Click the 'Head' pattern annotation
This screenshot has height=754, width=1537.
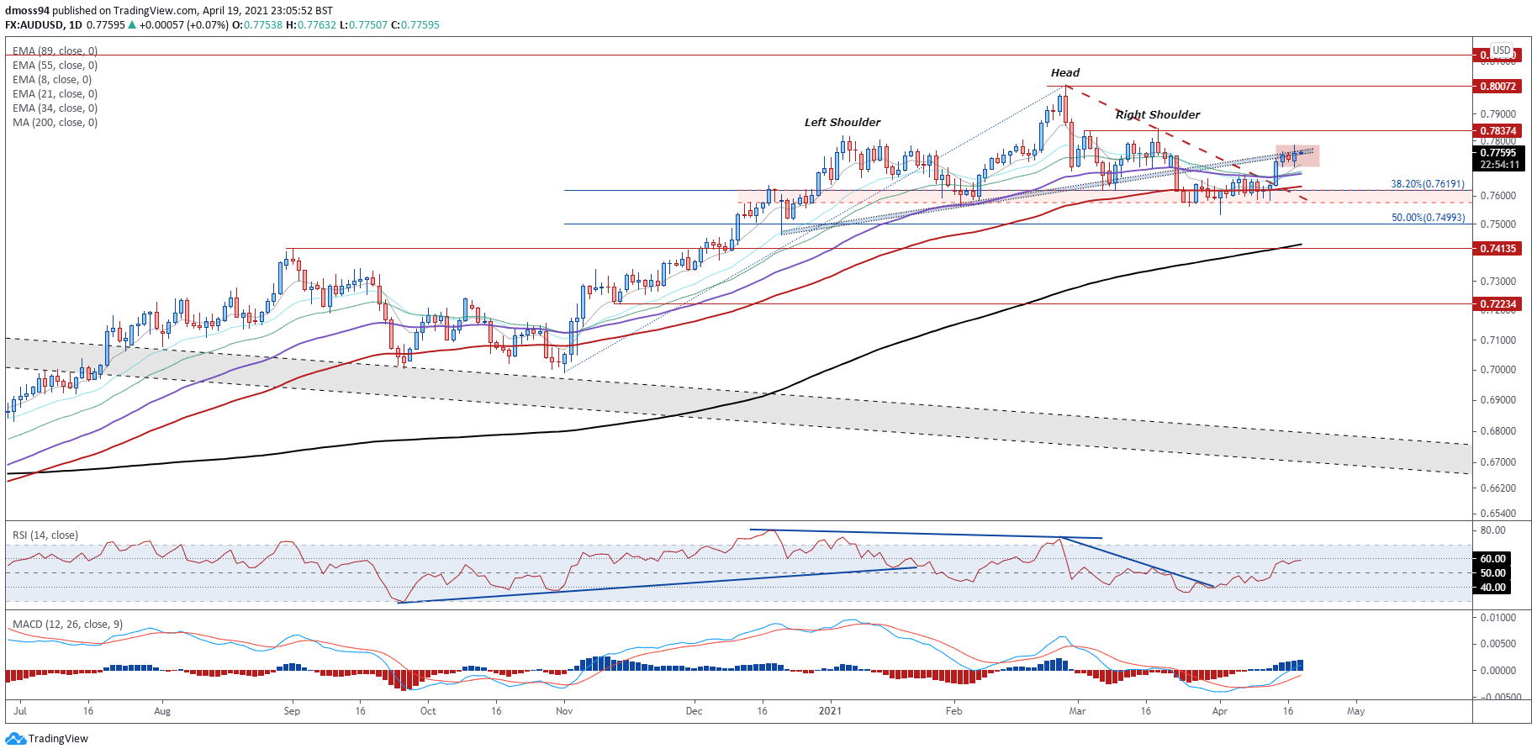pyautogui.click(x=1064, y=73)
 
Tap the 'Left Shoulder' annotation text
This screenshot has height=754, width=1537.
pyautogui.click(x=842, y=123)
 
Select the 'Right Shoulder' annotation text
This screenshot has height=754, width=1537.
pyautogui.click(x=1157, y=115)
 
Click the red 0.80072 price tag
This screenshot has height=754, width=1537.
pyautogui.click(x=1497, y=87)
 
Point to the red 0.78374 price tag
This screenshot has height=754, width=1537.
pyautogui.click(x=1497, y=131)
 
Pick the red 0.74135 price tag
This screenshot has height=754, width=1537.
pyautogui.click(x=1497, y=249)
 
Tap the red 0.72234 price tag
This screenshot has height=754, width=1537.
pyautogui.click(x=1497, y=304)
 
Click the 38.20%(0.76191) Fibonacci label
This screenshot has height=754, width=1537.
pyautogui.click(x=1427, y=184)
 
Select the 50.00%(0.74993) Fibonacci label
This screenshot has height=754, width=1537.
pyautogui.click(x=1427, y=218)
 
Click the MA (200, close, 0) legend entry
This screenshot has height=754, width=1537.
pyautogui.click(x=55, y=123)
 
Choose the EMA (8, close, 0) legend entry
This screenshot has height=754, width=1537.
pyautogui.click(x=52, y=80)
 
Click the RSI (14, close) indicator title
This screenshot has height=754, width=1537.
pyautogui.click(x=45, y=535)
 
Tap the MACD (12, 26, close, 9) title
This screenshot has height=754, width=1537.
pyautogui.click(x=67, y=625)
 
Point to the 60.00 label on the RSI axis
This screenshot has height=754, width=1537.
pyautogui.click(x=1492, y=559)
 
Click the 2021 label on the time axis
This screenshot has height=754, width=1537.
pyautogui.click(x=830, y=711)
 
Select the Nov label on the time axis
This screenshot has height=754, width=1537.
pyautogui.click(x=564, y=711)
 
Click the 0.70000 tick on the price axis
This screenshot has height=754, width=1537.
pyautogui.click(x=1497, y=370)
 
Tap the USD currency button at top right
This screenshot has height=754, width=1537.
pyautogui.click(x=1501, y=50)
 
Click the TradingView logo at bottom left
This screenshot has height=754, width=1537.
pyautogui.click(x=47, y=739)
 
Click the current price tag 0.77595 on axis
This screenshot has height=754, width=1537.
pyautogui.click(x=1497, y=153)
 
